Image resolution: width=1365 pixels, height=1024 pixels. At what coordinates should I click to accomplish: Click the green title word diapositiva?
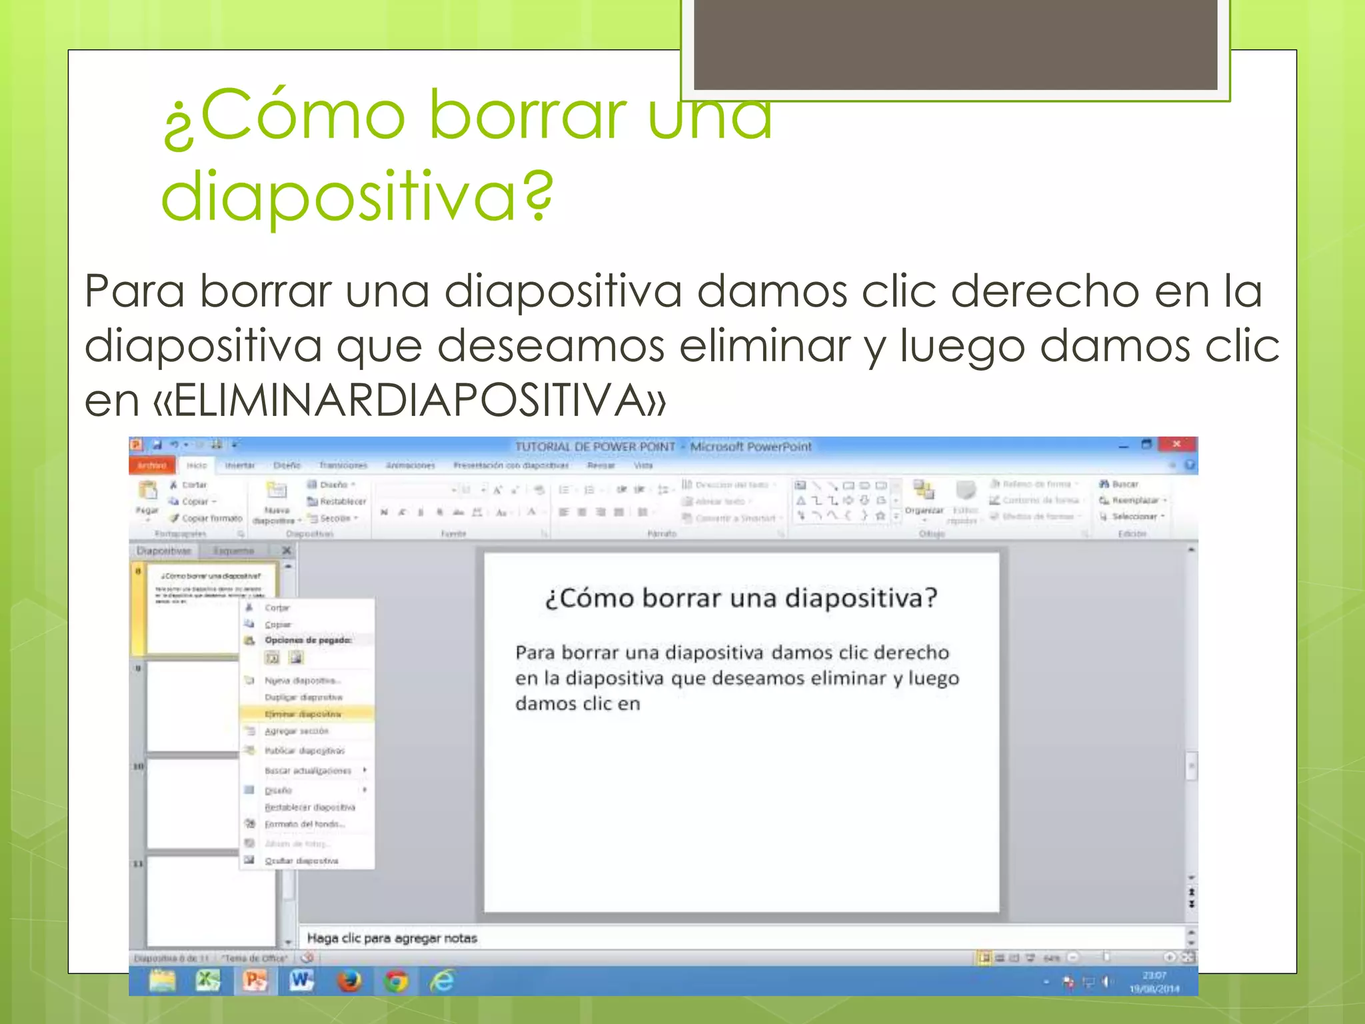(357, 195)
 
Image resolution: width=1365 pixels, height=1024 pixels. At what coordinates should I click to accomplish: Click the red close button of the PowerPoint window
(1177, 444)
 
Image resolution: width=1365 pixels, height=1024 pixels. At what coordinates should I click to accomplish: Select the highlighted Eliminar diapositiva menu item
(303, 714)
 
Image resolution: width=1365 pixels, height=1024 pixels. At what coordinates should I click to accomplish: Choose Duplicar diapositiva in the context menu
(303, 697)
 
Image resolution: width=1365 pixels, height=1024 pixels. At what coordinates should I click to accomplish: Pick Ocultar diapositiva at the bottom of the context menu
(301, 861)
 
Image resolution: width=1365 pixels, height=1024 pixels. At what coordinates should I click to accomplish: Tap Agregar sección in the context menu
(297, 731)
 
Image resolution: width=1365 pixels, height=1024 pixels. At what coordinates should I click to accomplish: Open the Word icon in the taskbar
(301, 980)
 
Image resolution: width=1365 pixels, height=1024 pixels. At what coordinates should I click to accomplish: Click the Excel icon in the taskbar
(207, 980)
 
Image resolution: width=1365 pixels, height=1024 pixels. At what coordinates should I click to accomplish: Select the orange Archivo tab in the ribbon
(152, 465)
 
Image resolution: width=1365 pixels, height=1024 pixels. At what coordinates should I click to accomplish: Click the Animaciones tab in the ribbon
(410, 465)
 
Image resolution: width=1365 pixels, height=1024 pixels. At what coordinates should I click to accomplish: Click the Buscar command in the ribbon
(1124, 484)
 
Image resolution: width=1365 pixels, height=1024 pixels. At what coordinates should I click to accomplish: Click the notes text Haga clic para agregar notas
(392, 938)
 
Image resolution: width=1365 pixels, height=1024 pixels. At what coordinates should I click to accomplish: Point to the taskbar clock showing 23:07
(1154, 981)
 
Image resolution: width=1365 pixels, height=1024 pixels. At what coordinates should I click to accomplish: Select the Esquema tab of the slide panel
(233, 551)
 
